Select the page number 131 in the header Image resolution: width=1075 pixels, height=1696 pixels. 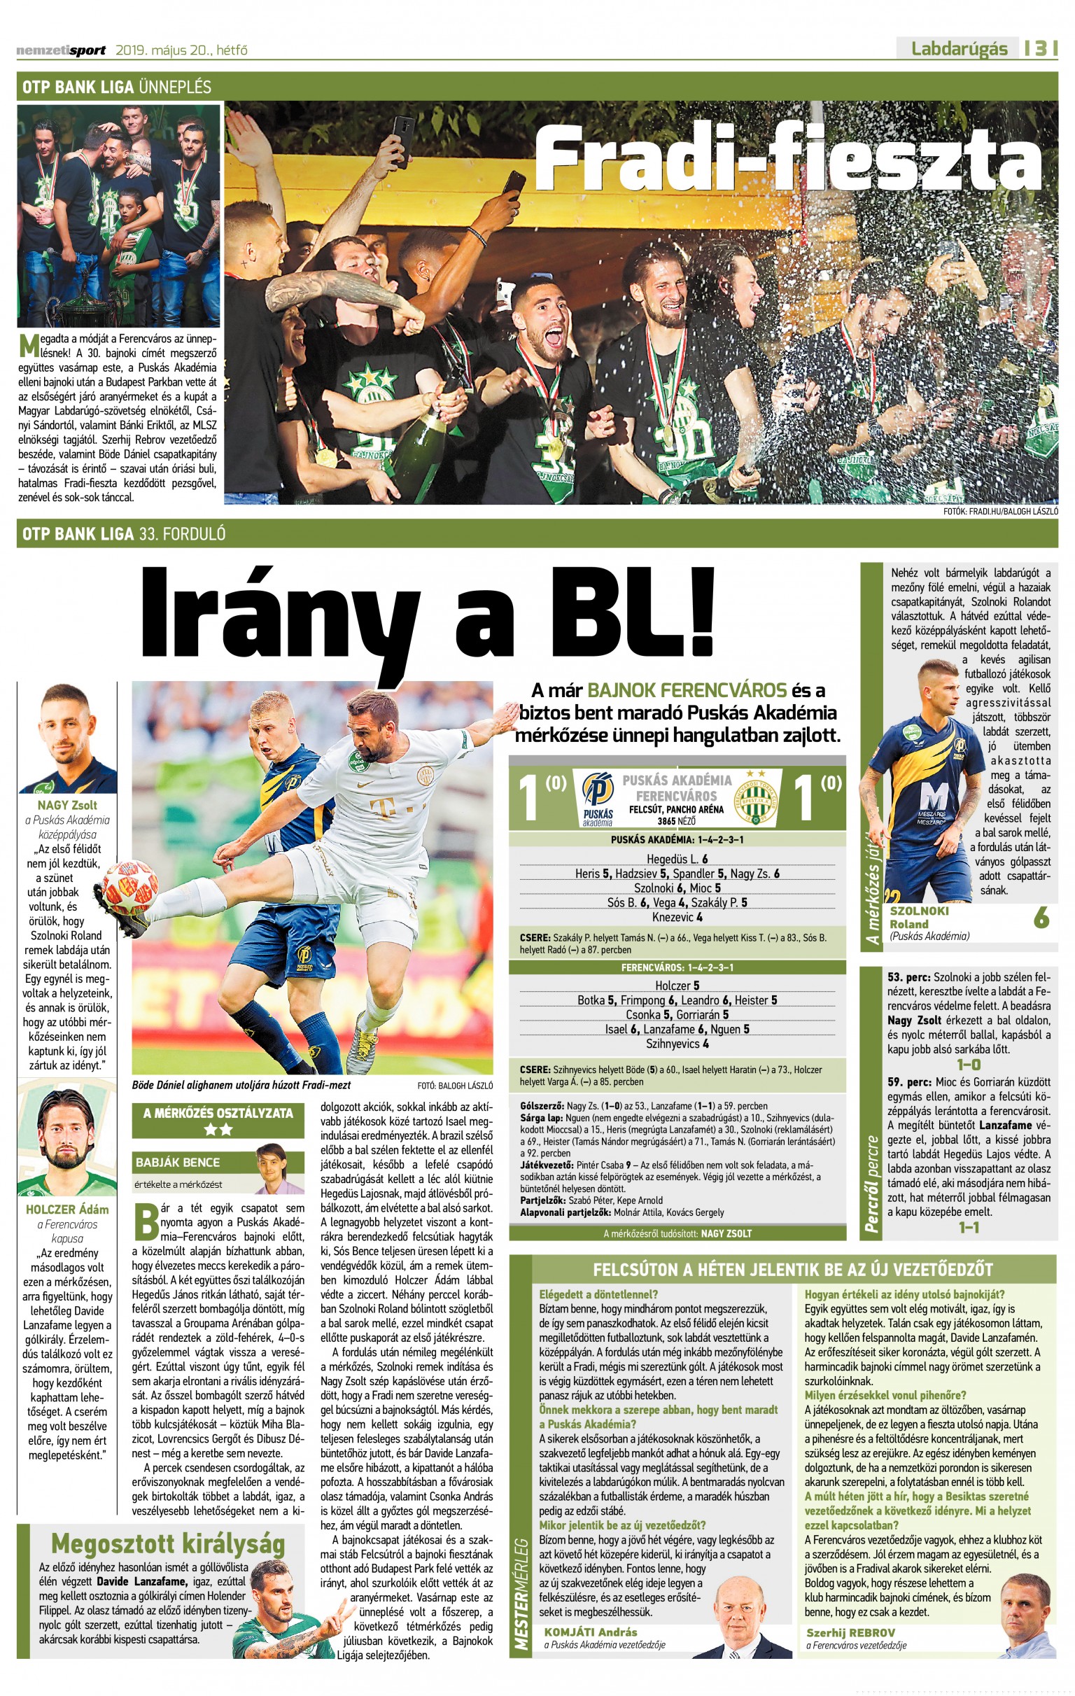(1041, 48)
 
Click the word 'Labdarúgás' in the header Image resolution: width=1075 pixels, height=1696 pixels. (959, 48)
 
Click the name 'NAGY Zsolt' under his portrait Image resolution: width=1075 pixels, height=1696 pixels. (68, 805)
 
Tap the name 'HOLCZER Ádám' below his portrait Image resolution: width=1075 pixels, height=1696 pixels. (68, 1210)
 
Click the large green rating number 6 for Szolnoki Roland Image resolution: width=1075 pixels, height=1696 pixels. (1041, 918)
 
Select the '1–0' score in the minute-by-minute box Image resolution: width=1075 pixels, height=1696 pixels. (969, 1064)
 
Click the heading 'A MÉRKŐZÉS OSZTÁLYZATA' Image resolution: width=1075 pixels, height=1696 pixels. (218, 1114)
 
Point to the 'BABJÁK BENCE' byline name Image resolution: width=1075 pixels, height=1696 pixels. (178, 1162)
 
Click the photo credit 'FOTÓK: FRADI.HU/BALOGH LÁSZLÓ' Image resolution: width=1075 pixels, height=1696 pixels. (999, 512)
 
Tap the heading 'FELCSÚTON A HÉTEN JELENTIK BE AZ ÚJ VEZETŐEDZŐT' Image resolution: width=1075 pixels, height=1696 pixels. (792, 1270)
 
